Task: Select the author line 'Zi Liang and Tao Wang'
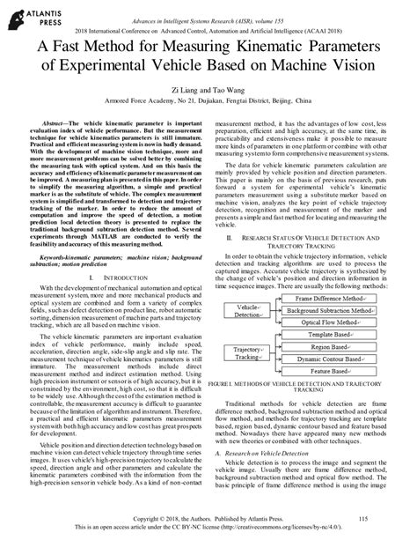click(208, 91)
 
